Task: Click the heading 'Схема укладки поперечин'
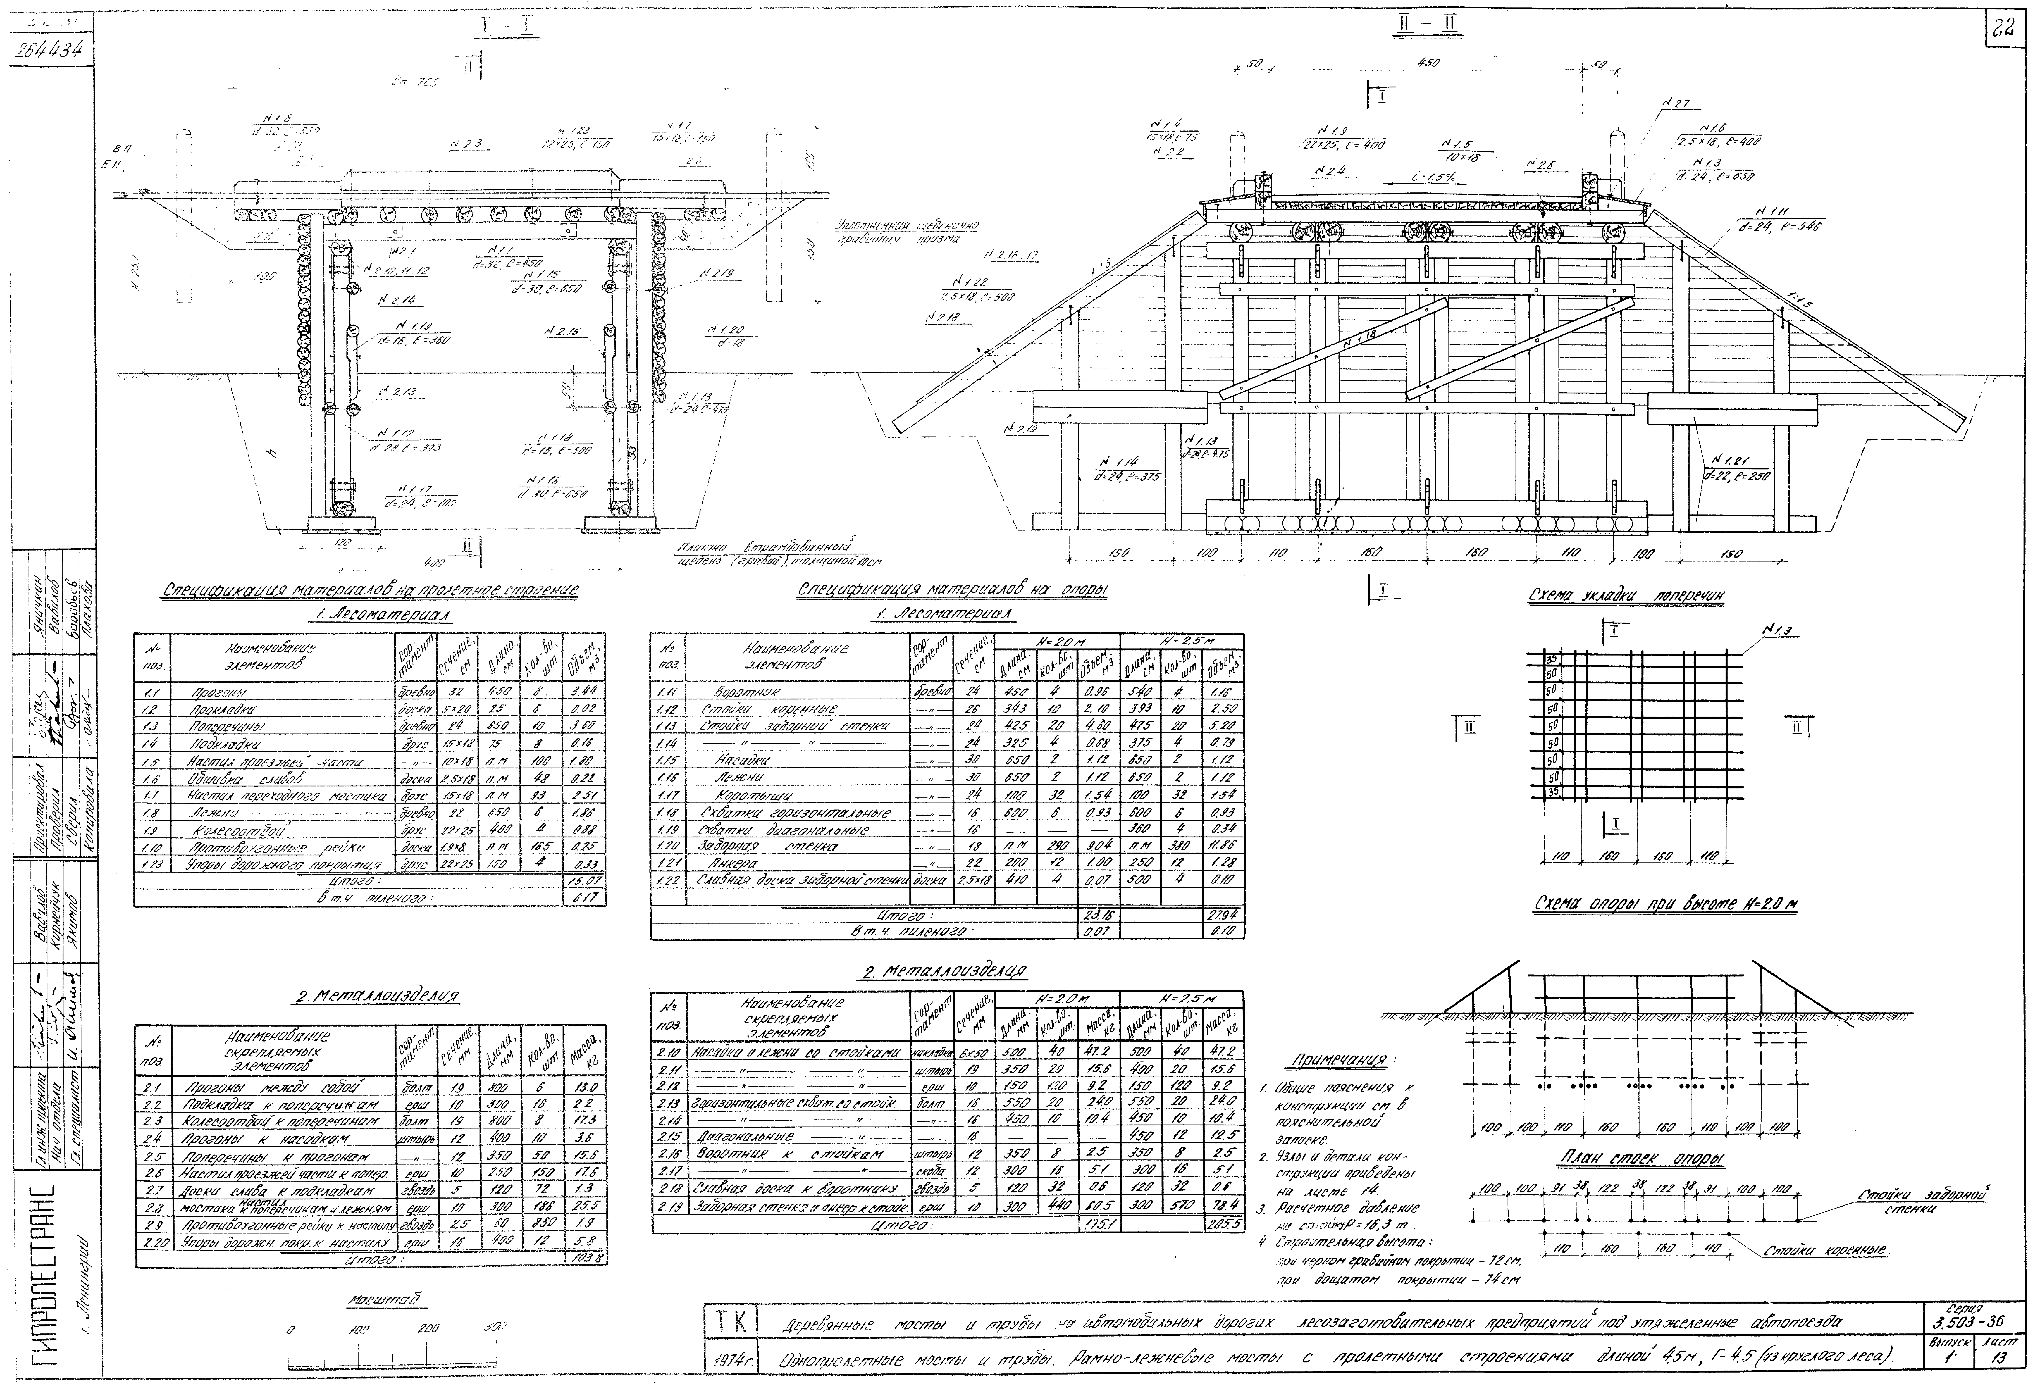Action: click(x=1626, y=596)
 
